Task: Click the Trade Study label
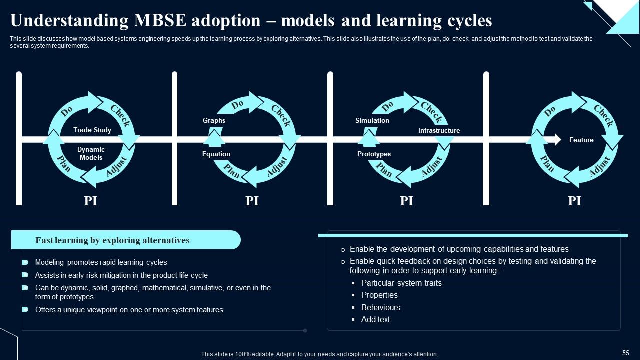pyautogui.click(x=92, y=130)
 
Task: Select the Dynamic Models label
pyautogui.click(x=91, y=153)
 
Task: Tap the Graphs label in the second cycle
pyautogui.click(x=214, y=120)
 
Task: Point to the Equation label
pyautogui.click(x=216, y=154)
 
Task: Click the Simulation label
pyautogui.click(x=372, y=120)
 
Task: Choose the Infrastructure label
pyautogui.click(x=439, y=130)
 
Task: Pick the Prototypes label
pyautogui.click(x=374, y=154)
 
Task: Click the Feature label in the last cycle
pyautogui.click(x=581, y=140)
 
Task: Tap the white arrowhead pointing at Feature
pyautogui.click(x=556, y=140)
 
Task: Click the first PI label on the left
pyautogui.click(x=90, y=201)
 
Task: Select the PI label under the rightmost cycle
pyautogui.click(x=574, y=201)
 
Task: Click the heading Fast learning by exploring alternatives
pyautogui.click(x=112, y=240)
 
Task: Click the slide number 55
pyautogui.click(x=626, y=353)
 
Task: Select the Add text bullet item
pyautogui.click(x=375, y=319)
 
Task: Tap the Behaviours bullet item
pyautogui.click(x=380, y=307)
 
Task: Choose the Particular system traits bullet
pyautogui.click(x=401, y=283)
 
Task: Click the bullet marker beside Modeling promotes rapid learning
pyautogui.click(x=25, y=262)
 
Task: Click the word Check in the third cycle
pyautogui.click(x=431, y=112)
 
